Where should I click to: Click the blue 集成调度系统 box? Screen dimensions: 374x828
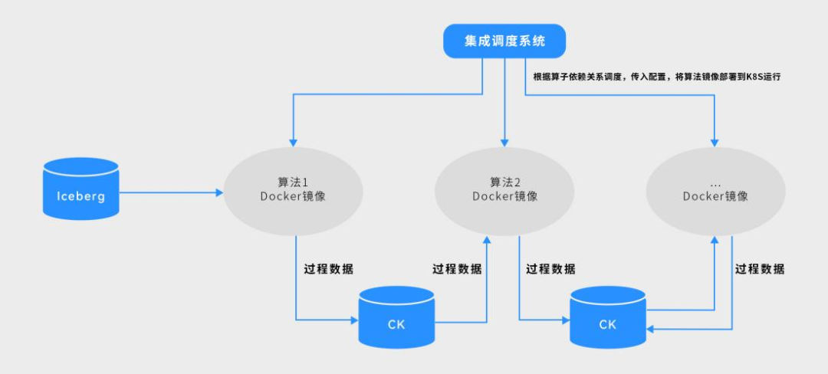504,41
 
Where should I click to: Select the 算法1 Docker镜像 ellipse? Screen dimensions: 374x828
292,190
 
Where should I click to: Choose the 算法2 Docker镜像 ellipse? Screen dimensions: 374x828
504,189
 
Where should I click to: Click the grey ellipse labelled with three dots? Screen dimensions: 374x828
715,189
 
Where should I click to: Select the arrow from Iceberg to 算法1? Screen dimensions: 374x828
169,192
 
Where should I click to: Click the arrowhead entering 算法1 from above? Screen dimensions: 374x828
293,143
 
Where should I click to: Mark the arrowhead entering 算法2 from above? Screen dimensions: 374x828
504,143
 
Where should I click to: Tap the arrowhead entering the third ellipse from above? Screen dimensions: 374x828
715,143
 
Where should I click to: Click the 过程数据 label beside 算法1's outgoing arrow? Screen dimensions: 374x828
328,269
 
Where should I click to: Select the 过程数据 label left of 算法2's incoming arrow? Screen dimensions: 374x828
457,269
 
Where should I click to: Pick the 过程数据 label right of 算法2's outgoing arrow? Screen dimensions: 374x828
550,269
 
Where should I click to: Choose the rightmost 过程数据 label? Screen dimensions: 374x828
760,269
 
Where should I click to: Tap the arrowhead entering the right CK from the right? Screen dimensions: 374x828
651,330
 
